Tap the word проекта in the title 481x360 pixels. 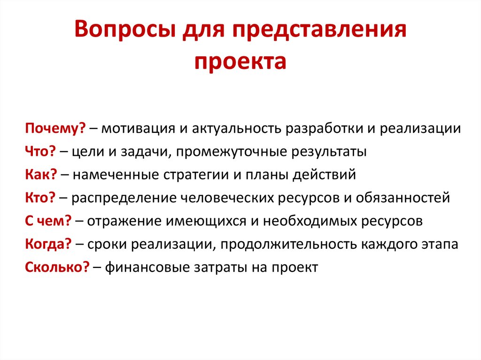click(240, 61)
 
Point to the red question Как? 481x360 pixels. click(41, 175)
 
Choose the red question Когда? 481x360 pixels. click(48, 244)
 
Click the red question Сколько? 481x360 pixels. click(57, 267)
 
